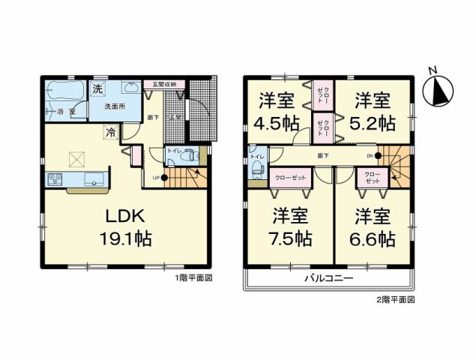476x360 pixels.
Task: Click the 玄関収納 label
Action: point(160,84)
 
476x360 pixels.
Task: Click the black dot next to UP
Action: point(166,178)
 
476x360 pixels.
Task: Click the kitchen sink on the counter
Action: point(95,178)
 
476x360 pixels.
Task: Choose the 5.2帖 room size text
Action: point(373,121)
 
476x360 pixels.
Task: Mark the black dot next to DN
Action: point(375,156)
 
